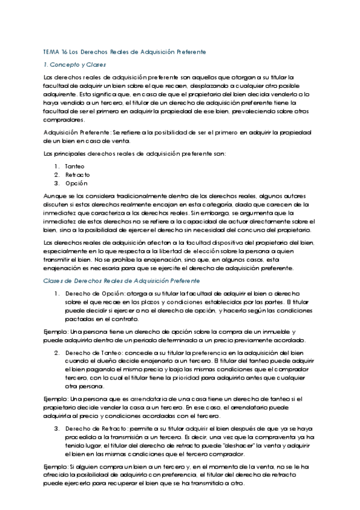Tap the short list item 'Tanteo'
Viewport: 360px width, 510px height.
tap(75, 165)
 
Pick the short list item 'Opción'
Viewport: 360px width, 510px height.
tap(76, 183)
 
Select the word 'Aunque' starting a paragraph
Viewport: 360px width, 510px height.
tap(55, 196)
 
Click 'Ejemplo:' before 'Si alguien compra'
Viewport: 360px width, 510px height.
tap(56, 467)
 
